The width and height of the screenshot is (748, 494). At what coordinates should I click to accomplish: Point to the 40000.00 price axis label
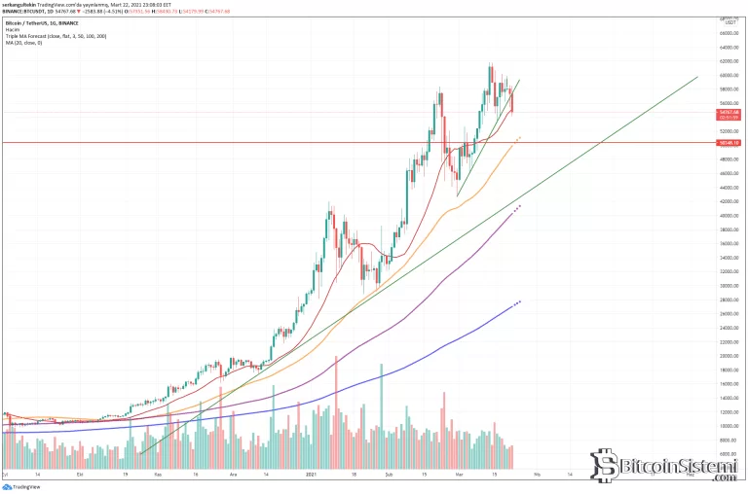tap(727, 215)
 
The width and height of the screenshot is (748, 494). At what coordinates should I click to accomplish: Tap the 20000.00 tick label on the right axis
tap(727, 356)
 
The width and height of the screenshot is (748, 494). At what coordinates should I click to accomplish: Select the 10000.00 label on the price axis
tap(727, 426)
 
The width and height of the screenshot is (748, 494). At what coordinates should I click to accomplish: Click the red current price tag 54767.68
tap(727, 112)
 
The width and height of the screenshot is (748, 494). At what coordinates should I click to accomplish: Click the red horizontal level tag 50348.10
tap(727, 143)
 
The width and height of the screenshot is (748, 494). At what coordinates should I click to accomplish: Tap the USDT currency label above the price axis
tap(726, 24)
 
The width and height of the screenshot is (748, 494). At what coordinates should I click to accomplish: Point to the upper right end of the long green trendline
tap(697, 77)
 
